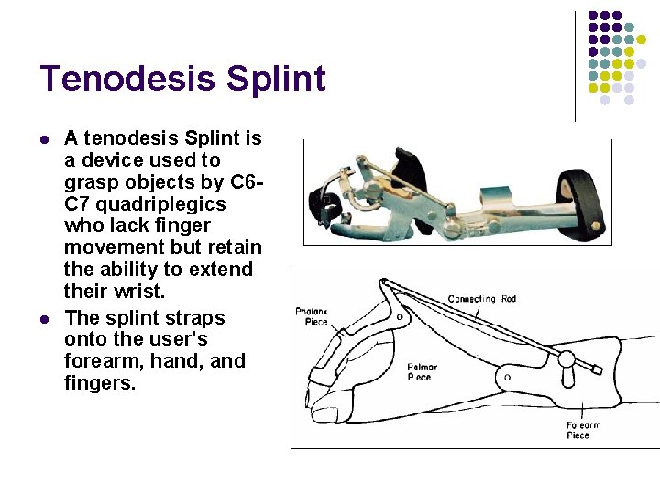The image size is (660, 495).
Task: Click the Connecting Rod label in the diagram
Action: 482,299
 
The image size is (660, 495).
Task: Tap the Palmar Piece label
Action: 421,372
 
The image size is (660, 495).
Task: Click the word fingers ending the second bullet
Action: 98,383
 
